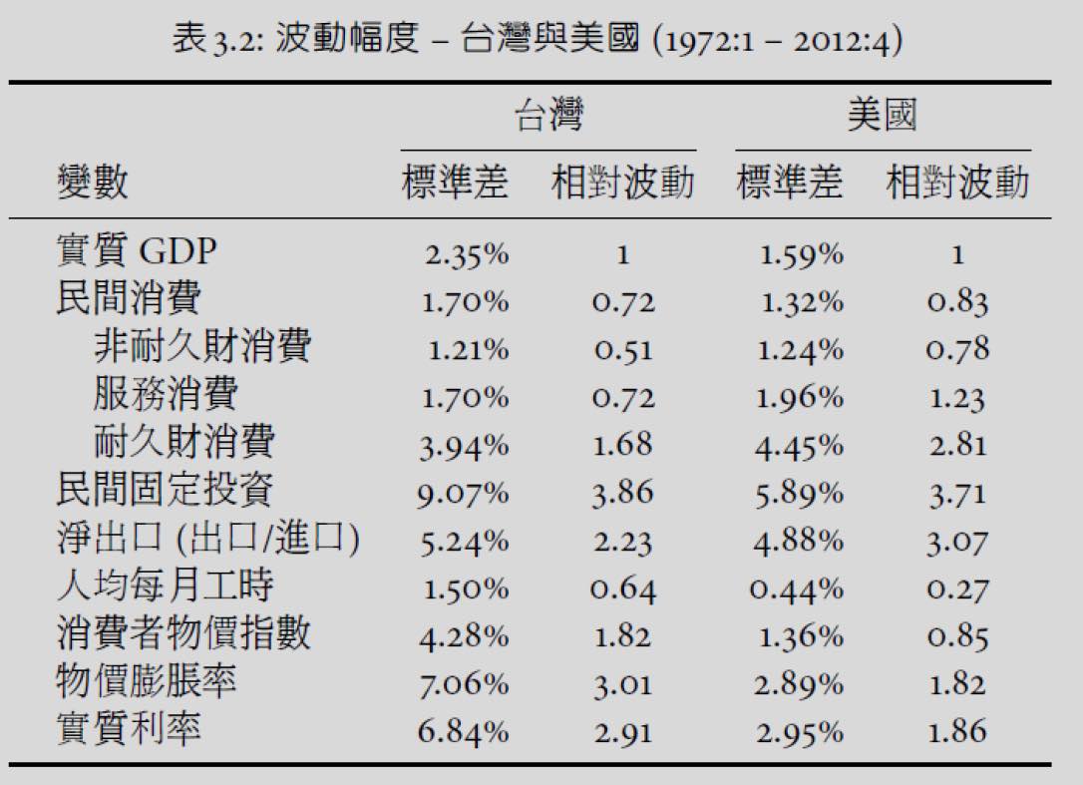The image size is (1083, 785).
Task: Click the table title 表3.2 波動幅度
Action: coord(539,41)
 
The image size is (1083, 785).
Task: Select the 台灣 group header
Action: coord(547,117)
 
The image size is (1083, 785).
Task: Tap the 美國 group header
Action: coord(882,117)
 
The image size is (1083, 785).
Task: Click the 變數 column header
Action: coord(92,184)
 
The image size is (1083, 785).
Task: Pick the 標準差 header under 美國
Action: coord(789,184)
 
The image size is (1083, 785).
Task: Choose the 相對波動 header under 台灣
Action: coord(622,184)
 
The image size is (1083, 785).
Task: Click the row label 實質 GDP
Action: coord(136,252)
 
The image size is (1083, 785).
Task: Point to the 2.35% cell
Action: coord(466,254)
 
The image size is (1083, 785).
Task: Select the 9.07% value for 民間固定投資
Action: coord(462,493)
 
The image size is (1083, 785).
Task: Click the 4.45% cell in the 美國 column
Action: coord(799,445)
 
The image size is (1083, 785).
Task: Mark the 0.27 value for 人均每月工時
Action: coord(957,589)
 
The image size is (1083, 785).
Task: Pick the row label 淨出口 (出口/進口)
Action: coord(207,539)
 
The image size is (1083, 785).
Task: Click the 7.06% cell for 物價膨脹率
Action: coord(463,684)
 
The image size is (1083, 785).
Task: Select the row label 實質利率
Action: coord(128,729)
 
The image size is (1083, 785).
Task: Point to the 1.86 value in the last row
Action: coord(957,732)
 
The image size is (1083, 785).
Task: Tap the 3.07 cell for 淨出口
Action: coord(957,542)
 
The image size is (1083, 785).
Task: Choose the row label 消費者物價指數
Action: coord(182,634)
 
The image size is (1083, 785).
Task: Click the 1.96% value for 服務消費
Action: coord(800,398)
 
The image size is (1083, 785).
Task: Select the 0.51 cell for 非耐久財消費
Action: coord(623,350)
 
